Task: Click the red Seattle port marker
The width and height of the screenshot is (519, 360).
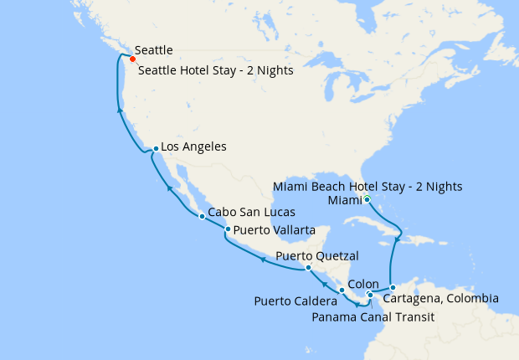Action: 132,59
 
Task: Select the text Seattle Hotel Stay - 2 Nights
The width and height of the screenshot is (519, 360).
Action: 215,71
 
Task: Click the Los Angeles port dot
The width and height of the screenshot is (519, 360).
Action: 156,149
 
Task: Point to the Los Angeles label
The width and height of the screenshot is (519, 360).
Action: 193,147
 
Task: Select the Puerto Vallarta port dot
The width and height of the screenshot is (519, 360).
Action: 228,229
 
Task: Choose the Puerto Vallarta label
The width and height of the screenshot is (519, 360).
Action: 275,229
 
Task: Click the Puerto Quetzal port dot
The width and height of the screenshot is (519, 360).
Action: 309,268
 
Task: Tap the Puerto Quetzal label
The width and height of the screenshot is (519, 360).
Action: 317,256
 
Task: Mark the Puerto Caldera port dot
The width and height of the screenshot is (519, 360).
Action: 342,290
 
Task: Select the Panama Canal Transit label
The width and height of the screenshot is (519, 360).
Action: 373,317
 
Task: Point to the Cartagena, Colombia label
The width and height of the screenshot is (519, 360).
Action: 440,299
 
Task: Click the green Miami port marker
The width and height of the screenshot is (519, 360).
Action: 366,198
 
